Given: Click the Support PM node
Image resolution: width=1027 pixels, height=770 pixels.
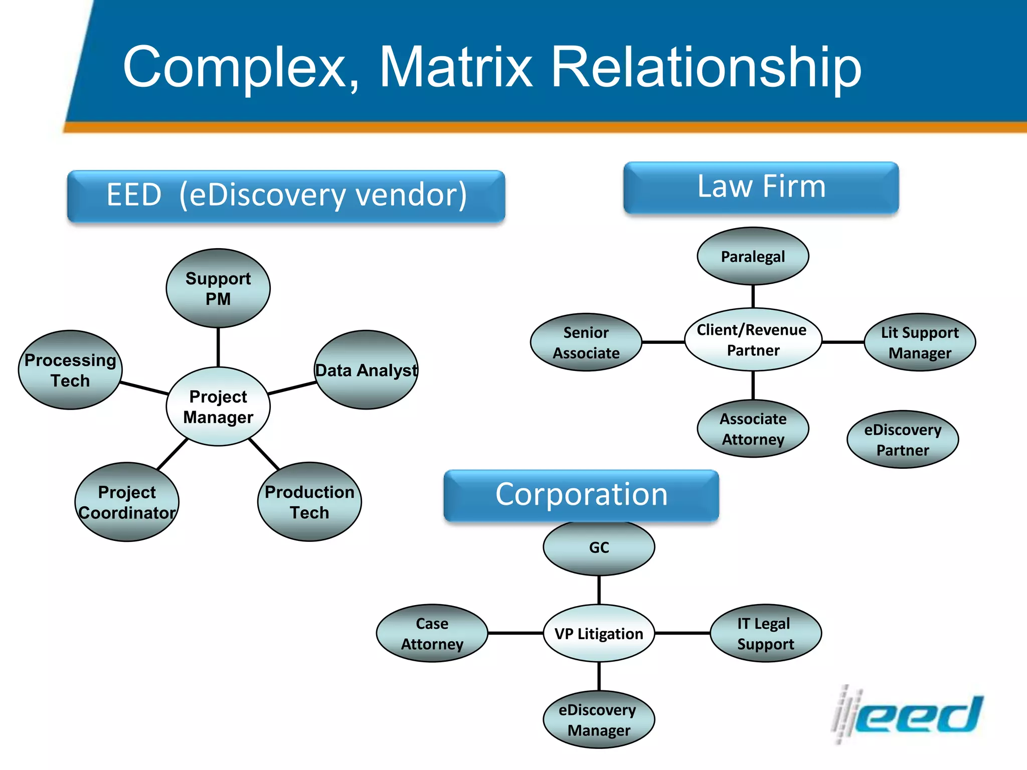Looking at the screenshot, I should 218,288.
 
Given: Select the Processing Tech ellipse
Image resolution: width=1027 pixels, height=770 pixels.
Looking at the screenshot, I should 70,370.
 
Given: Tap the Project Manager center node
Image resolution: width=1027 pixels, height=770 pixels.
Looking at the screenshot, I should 218,407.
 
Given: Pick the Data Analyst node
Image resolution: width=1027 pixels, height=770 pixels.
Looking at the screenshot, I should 366,370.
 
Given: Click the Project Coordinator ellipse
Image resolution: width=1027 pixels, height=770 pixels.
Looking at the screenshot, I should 127,502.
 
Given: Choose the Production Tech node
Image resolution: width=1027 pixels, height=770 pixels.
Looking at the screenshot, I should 309,502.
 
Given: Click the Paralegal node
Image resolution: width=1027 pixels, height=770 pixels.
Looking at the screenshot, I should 753,256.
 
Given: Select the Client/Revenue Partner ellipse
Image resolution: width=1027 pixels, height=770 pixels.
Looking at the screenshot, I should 753,340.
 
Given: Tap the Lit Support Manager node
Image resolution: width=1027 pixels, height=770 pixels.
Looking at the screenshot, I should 920,342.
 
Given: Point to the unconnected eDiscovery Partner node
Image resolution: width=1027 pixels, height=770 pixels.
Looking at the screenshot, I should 903,440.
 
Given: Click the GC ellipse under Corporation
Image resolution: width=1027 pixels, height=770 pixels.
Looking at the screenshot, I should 599,547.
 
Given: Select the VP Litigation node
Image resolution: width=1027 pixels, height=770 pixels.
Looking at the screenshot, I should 599,634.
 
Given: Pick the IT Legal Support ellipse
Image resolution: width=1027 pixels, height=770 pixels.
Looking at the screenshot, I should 766,634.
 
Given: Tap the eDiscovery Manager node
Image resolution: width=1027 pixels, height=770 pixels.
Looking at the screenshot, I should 599,720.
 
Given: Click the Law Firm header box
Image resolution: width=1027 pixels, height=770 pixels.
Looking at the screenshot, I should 761,187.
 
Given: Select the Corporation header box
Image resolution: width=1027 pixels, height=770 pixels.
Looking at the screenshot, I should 581,495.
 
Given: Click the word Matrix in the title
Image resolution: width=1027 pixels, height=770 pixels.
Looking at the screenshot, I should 455,67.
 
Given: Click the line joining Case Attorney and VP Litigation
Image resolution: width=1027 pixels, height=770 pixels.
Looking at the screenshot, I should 516,633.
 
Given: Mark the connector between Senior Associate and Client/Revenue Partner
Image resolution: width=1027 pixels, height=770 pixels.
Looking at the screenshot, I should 663,342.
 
